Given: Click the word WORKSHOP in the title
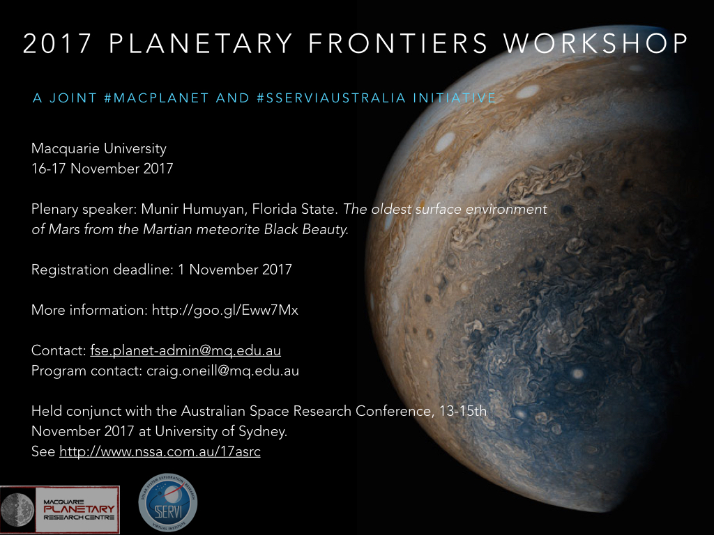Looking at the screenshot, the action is [596, 43].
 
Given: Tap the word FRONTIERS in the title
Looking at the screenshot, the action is [398, 43].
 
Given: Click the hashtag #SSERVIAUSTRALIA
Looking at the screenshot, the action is [331, 98].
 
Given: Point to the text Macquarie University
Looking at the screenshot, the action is [99, 148].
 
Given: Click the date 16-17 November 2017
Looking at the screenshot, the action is [102, 169].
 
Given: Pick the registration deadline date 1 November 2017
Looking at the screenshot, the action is [235, 270].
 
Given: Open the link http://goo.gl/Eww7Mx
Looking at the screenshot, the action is [225, 310].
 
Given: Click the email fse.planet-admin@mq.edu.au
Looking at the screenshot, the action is [185, 351].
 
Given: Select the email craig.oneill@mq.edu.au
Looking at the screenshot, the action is [222, 371].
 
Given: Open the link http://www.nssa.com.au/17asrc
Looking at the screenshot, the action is [160, 451].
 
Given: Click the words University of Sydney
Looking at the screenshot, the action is [221, 431].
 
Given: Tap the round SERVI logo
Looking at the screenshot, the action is [168, 503].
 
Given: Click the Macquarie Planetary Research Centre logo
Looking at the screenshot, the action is [60, 509].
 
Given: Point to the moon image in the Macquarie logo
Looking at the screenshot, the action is [17, 510].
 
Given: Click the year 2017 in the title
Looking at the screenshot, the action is [57, 43].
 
